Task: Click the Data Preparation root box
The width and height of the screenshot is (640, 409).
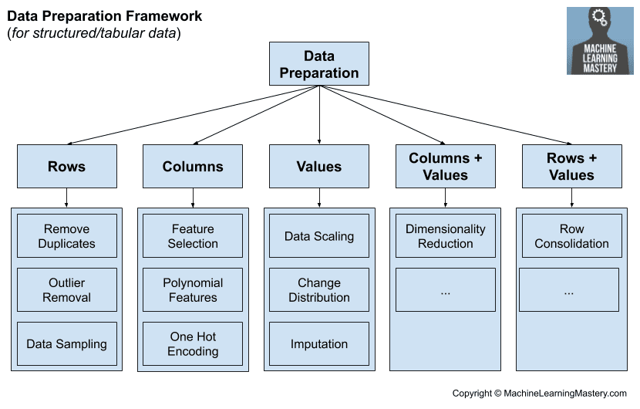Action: coord(319,64)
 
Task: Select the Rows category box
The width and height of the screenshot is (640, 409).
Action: coord(66,167)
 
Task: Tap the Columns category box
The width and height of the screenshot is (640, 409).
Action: coord(193,167)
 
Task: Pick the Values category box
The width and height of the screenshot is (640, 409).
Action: coord(319,167)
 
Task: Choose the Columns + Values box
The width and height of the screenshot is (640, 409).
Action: coord(445,167)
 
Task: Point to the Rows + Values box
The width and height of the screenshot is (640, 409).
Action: coord(571,167)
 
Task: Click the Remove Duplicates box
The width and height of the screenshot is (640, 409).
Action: coord(66,236)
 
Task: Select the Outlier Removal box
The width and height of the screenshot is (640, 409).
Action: coord(66,290)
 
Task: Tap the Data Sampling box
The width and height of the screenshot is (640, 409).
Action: coord(66,344)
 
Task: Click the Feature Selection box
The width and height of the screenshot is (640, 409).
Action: coord(193,236)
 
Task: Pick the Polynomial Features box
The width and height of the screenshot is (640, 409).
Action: coord(193,290)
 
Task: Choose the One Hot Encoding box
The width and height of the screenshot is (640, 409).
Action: coord(193,344)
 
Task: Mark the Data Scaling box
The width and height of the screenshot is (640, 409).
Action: coord(319,236)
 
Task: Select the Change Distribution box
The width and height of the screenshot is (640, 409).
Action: coord(319,290)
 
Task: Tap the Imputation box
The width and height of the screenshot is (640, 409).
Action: coord(319,344)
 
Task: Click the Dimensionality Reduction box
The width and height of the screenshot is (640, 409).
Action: coord(445,236)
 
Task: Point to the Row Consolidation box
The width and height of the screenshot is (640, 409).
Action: coord(571,236)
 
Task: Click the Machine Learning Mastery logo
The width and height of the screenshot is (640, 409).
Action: coord(600,41)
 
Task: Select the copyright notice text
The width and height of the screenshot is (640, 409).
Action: coord(539,393)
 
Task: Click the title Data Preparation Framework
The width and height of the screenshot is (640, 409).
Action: coord(104,16)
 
